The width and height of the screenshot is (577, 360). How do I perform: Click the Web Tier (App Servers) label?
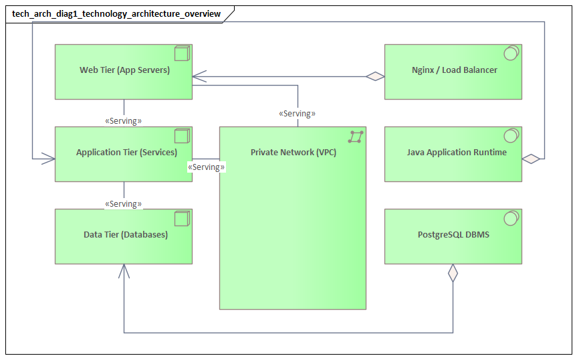[x=124, y=70]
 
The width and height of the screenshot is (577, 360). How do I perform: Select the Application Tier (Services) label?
[x=126, y=152]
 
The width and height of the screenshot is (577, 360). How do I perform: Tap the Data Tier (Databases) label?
[x=125, y=234]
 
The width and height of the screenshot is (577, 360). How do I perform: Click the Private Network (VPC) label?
[x=294, y=152]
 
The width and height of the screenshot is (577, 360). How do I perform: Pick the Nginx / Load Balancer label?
[x=454, y=70]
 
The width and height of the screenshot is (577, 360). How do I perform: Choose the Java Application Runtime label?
[x=457, y=152]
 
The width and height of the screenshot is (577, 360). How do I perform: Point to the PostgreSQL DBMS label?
[x=453, y=234]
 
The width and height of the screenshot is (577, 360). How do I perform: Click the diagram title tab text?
[x=116, y=13]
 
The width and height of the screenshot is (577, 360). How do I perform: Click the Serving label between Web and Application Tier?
[x=124, y=121]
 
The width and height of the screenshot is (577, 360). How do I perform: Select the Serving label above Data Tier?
[x=124, y=203]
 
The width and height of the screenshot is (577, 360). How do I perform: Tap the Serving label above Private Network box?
[x=297, y=114]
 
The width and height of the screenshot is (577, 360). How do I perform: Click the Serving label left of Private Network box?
[x=207, y=167]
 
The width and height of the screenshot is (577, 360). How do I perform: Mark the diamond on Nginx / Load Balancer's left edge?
[x=375, y=76]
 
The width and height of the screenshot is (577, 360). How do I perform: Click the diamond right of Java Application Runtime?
[x=532, y=159]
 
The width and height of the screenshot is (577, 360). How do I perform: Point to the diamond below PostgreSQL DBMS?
[x=453, y=273]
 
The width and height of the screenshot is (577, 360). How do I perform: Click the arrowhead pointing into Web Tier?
[x=199, y=76]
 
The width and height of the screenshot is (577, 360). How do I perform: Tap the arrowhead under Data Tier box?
[x=124, y=270]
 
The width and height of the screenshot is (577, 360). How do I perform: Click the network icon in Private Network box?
[x=356, y=137]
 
